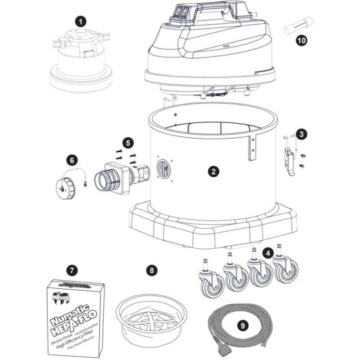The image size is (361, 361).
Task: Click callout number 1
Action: (x=80, y=21)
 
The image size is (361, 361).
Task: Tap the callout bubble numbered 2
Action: (x=213, y=171)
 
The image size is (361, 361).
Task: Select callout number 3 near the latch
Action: (x=300, y=134)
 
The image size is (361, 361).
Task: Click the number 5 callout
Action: (x=128, y=141)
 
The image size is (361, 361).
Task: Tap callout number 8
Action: (x=151, y=270)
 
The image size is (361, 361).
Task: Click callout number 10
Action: (x=300, y=40)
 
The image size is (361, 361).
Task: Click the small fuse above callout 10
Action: (x=300, y=26)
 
